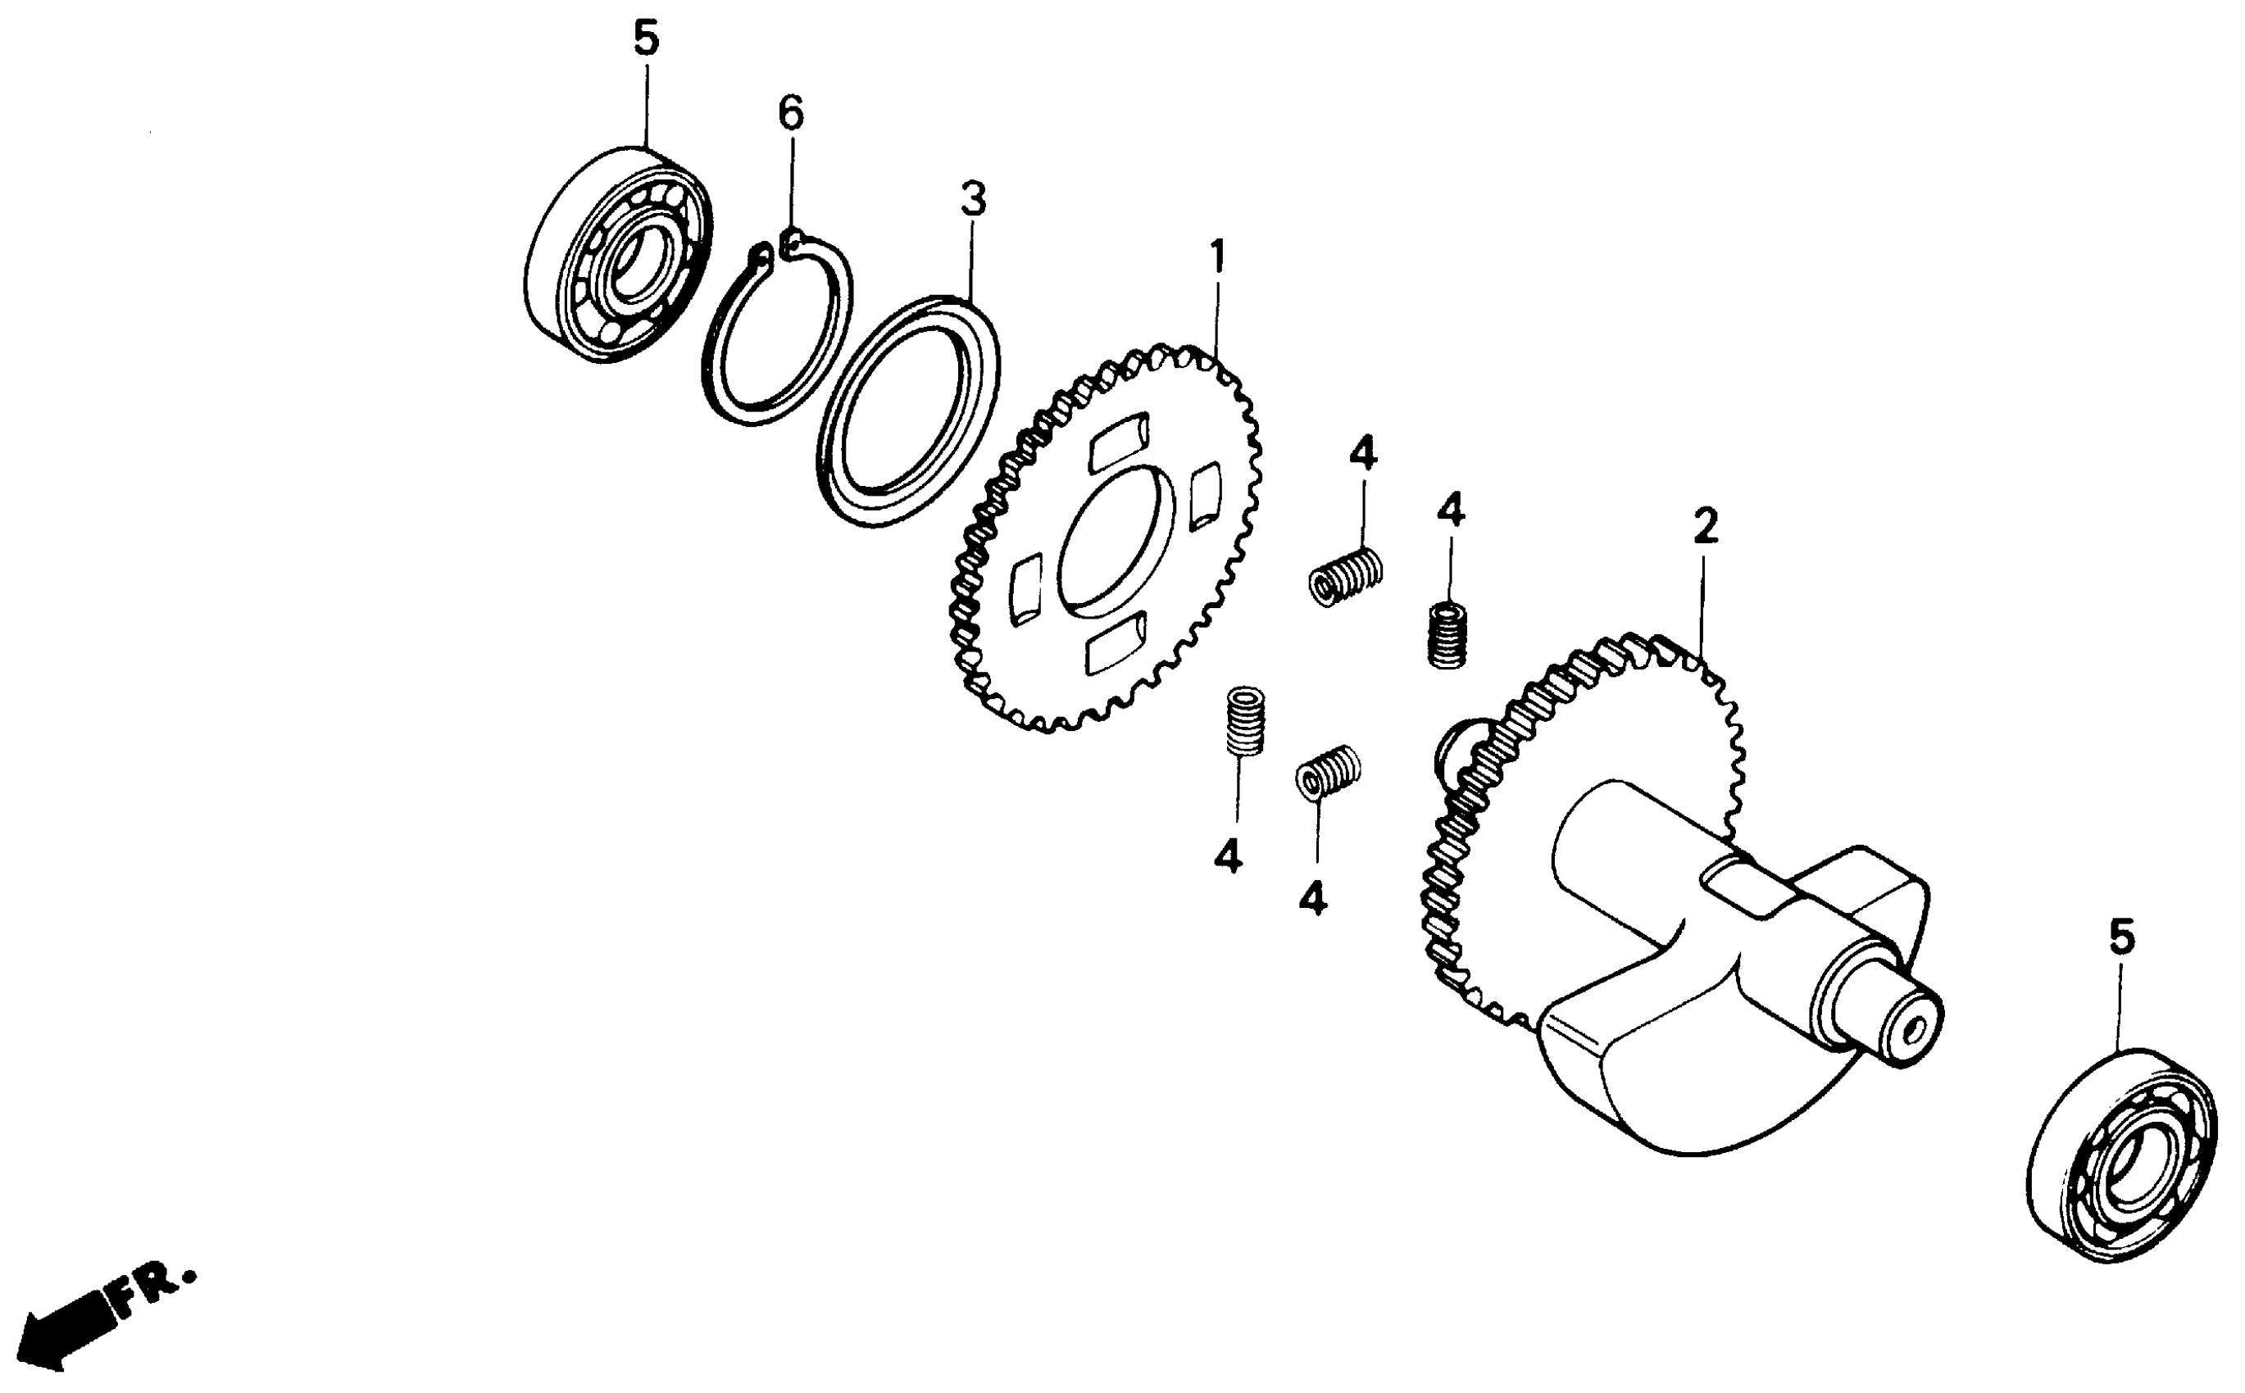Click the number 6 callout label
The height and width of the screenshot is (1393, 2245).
[x=791, y=113]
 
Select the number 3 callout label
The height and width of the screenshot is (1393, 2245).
[x=973, y=199]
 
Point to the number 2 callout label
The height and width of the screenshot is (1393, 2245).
[x=1705, y=527]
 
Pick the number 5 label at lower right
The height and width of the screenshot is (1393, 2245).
[x=2121, y=938]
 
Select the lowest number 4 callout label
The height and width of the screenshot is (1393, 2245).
[x=1312, y=897]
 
